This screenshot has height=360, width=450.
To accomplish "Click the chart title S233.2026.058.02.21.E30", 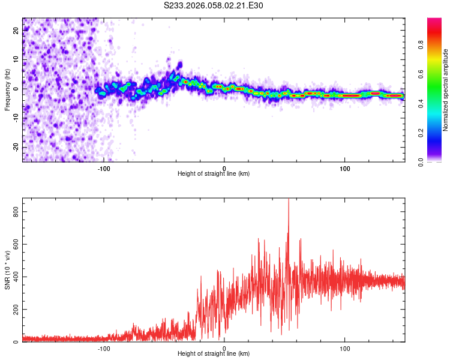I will tap(214, 5).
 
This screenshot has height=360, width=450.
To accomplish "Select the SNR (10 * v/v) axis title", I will tap(7, 270).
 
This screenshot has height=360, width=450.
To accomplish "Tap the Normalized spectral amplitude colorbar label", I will tap(446, 90).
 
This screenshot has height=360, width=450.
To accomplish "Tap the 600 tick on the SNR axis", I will tap(13, 244).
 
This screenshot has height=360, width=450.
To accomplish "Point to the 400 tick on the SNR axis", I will tap(13, 277).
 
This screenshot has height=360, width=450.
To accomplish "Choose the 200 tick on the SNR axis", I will tap(13, 310).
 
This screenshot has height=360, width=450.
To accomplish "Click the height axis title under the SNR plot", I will tap(214, 354).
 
